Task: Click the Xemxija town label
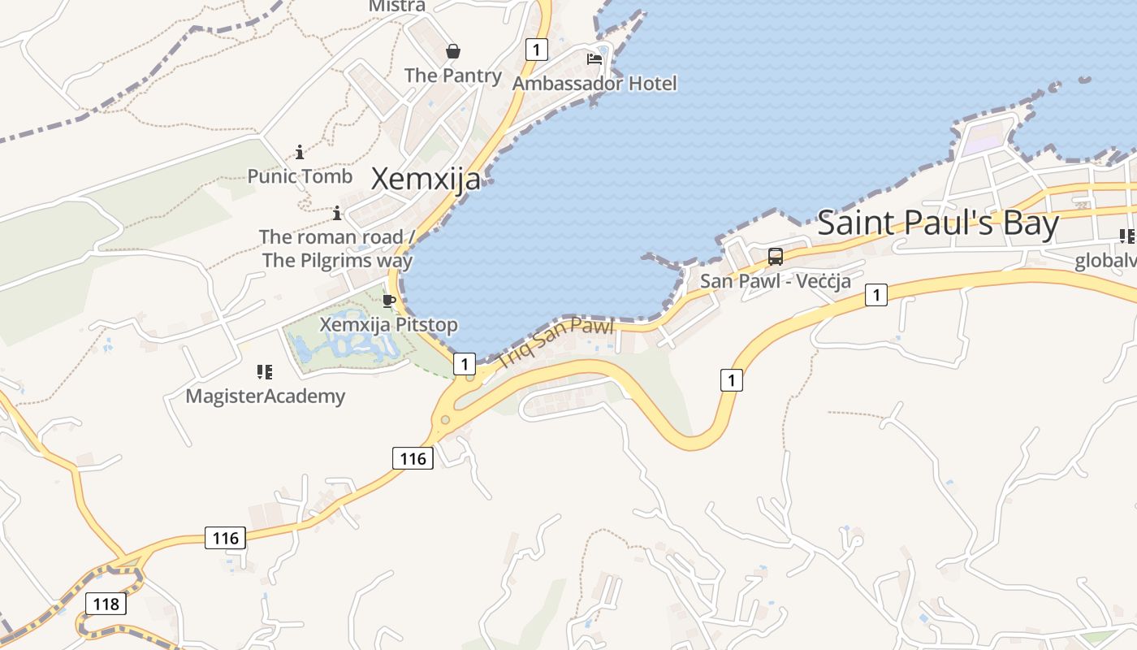[x=426, y=179]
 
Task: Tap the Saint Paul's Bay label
[x=938, y=223]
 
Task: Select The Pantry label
[x=453, y=76]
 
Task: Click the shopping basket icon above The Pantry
[x=453, y=52]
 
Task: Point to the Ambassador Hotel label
[x=594, y=83]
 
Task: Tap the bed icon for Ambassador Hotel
[x=594, y=59]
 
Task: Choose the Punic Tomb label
[x=300, y=176]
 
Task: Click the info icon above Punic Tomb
[x=300, y=152]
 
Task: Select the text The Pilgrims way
[x=337, y=261]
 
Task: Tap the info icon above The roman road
[x=337, y=214]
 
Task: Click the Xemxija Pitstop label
[x=388, y=325]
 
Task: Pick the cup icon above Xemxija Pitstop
[x=389, y=301]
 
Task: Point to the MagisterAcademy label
[x=265, y=396]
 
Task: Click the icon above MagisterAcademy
[x=265, y=372]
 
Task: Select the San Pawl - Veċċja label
[x=775, y=281]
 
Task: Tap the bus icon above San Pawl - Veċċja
[x=776, y=257]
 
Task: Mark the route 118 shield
[x=106, y=604]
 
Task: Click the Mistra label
[x=397, y=6]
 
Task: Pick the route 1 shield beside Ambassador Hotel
[x=536, y=49]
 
